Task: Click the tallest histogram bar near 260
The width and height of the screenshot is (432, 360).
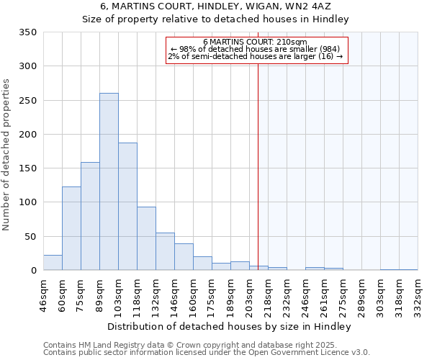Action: pos(109,181)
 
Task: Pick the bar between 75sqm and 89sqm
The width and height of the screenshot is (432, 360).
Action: pos(90,216)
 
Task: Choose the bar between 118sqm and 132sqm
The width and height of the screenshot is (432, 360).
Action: pos(146,238)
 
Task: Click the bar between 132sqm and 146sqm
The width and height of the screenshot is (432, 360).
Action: pos(165,251)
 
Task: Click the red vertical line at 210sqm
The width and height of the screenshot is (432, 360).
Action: pos(258,166)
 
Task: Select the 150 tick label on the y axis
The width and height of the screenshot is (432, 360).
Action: pos(29,168)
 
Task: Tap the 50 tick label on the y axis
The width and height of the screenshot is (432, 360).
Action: pos(31,236)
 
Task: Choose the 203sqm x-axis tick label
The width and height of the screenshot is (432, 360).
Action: pos(249,294)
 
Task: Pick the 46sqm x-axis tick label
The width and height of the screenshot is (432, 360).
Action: pos(43,294)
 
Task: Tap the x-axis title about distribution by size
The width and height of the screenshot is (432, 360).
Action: pos(230,326)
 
